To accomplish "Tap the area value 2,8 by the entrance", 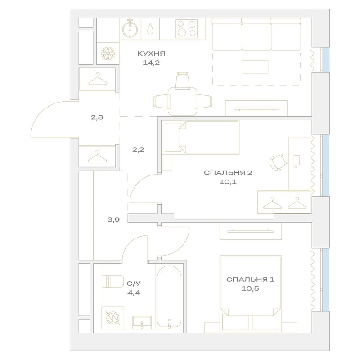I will [97, 118].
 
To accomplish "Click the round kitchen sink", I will [130, 29].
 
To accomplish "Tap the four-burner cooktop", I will [186, 29].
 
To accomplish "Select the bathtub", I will [169, 297].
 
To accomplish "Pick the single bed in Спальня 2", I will [201, 137].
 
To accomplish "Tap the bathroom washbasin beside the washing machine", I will [142, 322].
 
